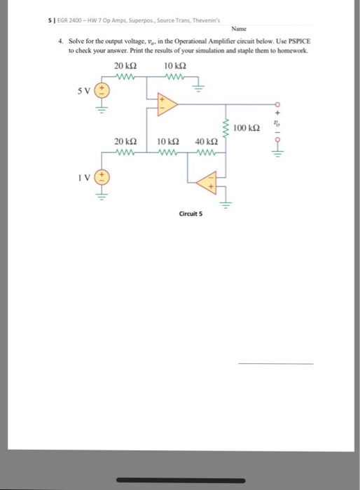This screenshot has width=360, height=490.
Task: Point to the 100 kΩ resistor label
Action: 247,128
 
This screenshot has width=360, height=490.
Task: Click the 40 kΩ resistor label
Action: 204,141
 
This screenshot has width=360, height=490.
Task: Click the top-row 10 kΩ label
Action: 172,66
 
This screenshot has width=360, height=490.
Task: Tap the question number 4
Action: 61,42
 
